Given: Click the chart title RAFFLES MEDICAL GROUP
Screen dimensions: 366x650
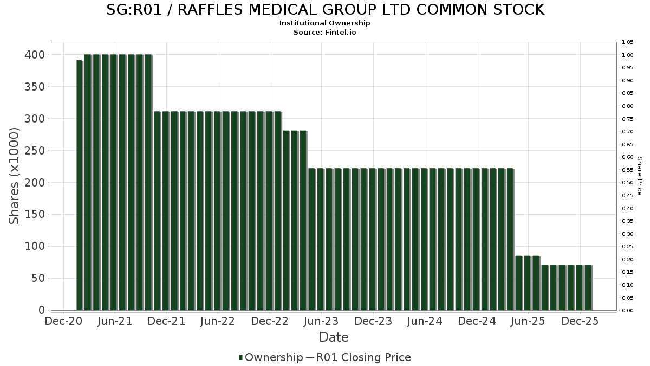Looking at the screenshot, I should click(x=325, y=10).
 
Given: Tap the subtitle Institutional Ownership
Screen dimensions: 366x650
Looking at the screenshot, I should click(x=325, y=23).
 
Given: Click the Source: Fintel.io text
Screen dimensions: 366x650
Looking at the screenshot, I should click(x=325, y=32).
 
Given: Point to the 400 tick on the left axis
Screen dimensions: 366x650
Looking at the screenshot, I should click(x=34, y=55).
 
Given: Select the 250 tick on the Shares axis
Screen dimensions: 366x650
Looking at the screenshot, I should click(x=34, y=151).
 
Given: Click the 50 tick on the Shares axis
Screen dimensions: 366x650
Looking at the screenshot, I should click(x=37, y=279).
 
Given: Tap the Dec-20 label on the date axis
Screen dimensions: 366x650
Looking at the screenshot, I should click(x=64, y=321).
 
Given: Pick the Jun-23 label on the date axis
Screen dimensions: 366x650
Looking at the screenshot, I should click(x=321, y=321).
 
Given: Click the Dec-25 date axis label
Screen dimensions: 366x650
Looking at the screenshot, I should click(x=580, y=321).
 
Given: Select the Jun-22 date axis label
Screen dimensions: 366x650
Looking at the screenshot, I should click(x=218, y=321).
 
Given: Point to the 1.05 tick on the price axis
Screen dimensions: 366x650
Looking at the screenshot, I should click(x=628, y=42).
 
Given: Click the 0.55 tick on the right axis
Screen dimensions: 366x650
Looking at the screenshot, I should click(x=628, y=170).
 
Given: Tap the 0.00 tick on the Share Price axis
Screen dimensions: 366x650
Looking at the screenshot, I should click(x=628, y=311).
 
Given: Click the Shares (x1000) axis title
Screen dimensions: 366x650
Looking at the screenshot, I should click(x=15, y=176).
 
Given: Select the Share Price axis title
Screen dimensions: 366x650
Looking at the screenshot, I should click(x=639, y=176).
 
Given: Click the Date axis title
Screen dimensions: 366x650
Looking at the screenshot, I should click(x=334, y=337).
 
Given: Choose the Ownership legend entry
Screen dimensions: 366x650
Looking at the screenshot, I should click(x=271, y=357).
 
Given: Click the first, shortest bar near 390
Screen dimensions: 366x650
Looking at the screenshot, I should click(x=79, y=185).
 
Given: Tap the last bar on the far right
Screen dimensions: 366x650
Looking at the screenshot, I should click(x=588, y=288).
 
